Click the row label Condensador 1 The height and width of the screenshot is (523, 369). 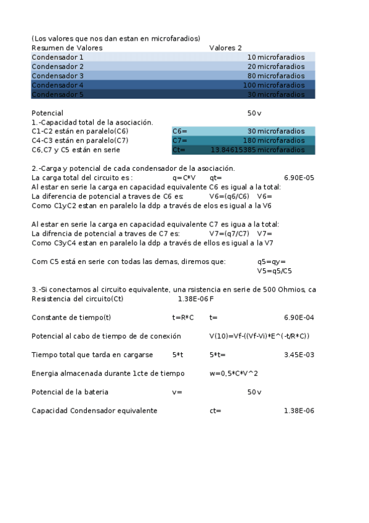[57, 57]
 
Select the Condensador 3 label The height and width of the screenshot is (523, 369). [57, 76]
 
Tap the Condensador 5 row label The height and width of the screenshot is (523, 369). [57, 94]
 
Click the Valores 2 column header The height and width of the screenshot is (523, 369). [225, 47]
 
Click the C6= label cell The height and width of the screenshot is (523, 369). [179, 131]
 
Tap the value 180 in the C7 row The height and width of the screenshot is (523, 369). [249, 141]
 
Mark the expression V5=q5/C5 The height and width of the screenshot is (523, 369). [274, 271]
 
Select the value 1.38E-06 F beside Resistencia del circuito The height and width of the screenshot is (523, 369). [195, 299]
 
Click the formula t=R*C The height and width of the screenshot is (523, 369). [183, 318]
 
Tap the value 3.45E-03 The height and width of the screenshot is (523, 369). [299, 355]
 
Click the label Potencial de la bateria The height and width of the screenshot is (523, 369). [70, 392]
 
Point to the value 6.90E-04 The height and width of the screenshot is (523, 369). [299, 318]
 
